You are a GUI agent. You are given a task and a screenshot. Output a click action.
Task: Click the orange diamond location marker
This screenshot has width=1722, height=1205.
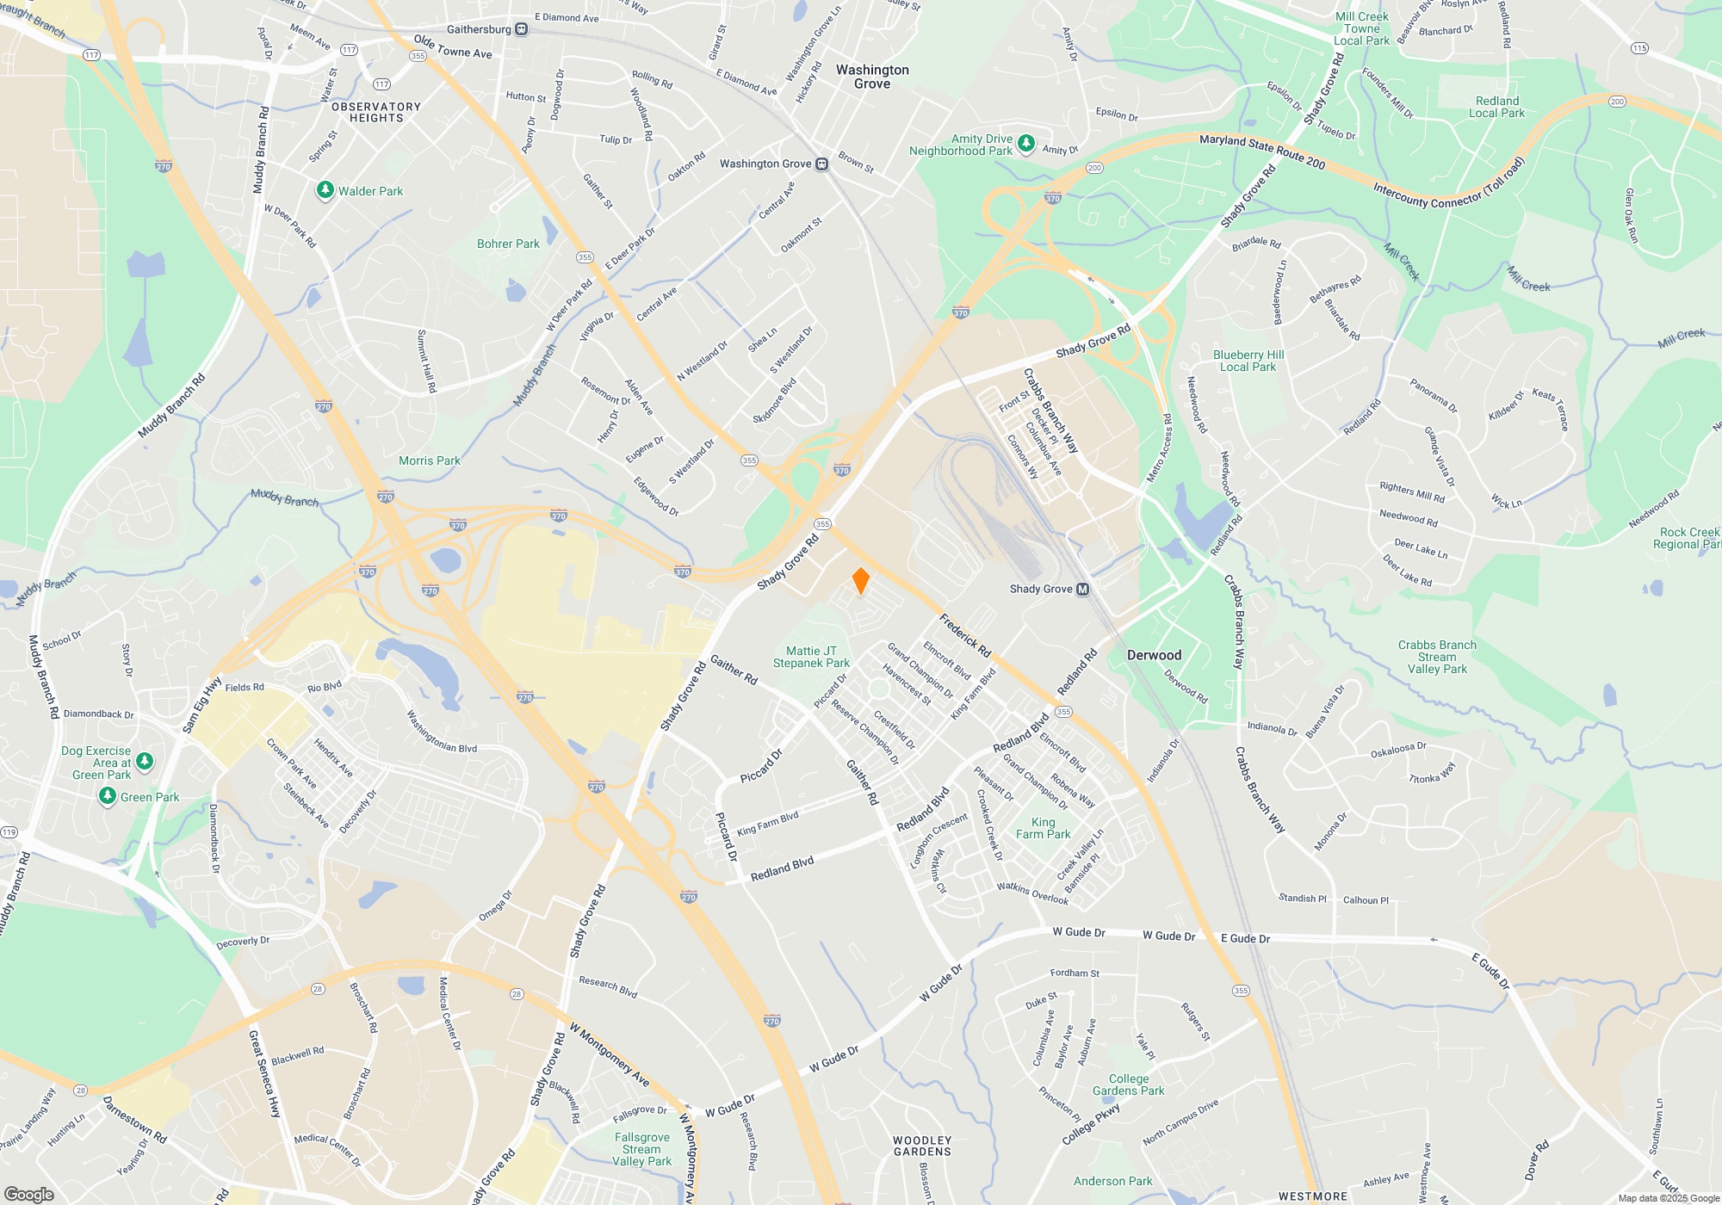point(860,581)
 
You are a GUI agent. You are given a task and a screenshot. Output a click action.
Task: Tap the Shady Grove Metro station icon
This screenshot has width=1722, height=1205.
point(1083,590)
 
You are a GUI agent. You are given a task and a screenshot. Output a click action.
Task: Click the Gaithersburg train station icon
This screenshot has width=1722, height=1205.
point(522,29)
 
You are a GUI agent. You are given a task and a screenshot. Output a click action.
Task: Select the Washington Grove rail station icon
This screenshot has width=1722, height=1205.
point(822,164)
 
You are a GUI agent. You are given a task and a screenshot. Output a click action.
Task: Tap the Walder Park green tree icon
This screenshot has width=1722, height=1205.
point(325,190)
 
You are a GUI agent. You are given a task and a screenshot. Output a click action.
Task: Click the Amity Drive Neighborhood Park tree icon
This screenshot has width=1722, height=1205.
point(1025,143)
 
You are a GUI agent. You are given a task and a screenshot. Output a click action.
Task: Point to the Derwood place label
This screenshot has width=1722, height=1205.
point(1154,655)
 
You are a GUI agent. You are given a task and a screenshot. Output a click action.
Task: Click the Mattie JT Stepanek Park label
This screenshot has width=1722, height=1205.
point(811,657)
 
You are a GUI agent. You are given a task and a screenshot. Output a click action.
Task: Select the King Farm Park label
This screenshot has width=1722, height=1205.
point(1043,828)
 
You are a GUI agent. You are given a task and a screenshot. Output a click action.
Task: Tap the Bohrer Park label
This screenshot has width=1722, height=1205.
point(508,244)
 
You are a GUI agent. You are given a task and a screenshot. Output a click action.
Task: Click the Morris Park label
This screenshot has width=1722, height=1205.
point(429,460)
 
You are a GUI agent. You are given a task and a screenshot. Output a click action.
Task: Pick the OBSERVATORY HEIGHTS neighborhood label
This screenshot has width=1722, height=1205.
point(376,112)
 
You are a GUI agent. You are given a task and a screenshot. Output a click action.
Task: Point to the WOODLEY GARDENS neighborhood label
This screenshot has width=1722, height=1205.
point(922,1146)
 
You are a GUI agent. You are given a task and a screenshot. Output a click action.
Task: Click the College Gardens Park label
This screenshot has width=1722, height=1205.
point(1128,1084)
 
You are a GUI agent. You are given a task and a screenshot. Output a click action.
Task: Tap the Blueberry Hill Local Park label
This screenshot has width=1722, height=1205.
point(1248,361)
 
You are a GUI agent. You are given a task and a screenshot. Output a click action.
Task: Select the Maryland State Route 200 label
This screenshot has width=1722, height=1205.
point(1261,151)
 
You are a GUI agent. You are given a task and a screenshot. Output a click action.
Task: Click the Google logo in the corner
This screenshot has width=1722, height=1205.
point(29,1195)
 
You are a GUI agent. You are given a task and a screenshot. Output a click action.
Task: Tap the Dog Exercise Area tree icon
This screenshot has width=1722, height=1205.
point(145,761)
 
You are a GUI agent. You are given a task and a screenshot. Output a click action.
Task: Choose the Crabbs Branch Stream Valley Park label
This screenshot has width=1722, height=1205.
point(1436,657)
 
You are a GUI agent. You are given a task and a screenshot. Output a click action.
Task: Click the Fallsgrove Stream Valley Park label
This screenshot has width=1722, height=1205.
point(641,1149)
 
